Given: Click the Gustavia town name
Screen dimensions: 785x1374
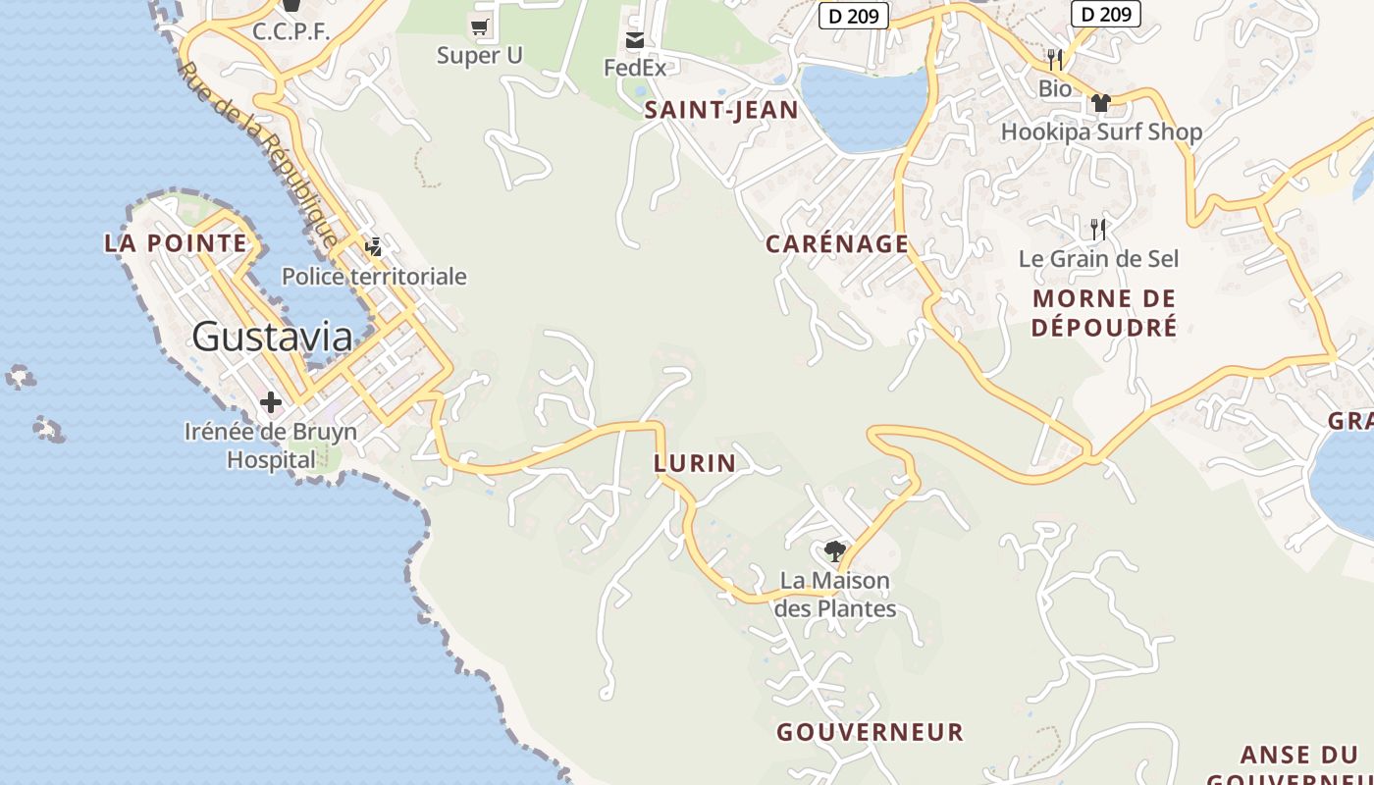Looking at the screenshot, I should (272, 337).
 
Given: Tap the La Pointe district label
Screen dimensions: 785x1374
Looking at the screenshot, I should (176, 242).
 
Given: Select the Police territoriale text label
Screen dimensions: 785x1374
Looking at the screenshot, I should (374, 277).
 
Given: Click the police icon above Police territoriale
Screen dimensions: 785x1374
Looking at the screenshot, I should (373, 246).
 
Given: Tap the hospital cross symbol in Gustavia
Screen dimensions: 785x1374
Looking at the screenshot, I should (271, 402).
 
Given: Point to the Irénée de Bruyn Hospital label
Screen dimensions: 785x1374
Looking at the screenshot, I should (271, 445).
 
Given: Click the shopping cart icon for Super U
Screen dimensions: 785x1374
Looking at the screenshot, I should (480, 27).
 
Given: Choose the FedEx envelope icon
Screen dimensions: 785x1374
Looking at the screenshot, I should (635, 40).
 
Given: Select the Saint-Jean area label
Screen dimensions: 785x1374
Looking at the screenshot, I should (721, 110).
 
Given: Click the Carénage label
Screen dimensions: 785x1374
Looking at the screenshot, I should (837, 243).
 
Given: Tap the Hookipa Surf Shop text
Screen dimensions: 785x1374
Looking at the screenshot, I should (1101, 131).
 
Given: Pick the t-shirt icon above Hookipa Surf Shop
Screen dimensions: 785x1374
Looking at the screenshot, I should (1100, 102).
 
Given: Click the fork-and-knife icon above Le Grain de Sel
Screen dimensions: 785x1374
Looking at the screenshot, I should (1098, 230).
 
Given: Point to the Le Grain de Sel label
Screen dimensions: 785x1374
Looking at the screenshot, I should (1098, 259).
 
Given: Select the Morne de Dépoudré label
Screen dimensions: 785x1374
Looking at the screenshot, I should (1104, 313).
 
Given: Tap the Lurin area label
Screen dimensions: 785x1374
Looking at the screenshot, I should (695, 463).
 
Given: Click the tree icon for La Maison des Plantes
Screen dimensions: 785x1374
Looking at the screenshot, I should (835, 550).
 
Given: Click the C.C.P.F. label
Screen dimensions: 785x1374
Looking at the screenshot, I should (291, 31).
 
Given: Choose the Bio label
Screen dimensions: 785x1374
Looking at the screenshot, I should (1055, 88).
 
